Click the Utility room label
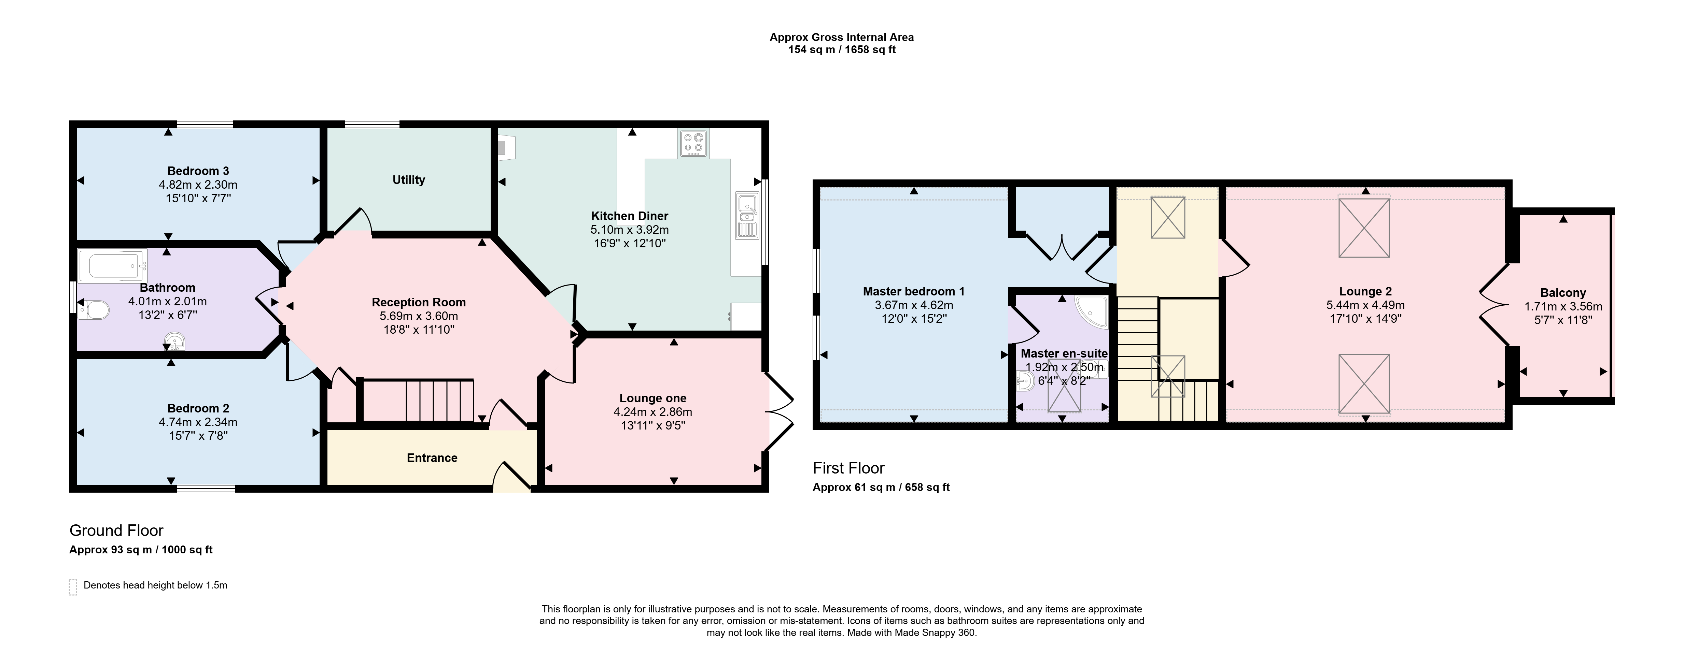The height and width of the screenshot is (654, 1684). coord(409,180)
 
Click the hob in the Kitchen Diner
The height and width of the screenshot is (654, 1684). coord(692,144)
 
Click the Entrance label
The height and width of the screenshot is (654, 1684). coord(432,458)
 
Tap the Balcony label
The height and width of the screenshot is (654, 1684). coord(1563,293)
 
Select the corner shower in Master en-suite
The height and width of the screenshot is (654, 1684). coord(1092,313)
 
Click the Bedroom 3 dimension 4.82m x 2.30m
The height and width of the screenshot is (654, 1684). coord(198,185)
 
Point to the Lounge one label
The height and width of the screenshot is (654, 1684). coord(653,398)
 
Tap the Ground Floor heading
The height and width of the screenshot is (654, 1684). coord(116,531)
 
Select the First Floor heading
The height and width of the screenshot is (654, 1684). coord(848,468)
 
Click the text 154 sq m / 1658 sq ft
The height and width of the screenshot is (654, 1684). coord(842,50)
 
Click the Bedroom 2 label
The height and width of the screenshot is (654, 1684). coord(198,408)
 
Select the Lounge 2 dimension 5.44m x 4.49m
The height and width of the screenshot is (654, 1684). coord(1366,305)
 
